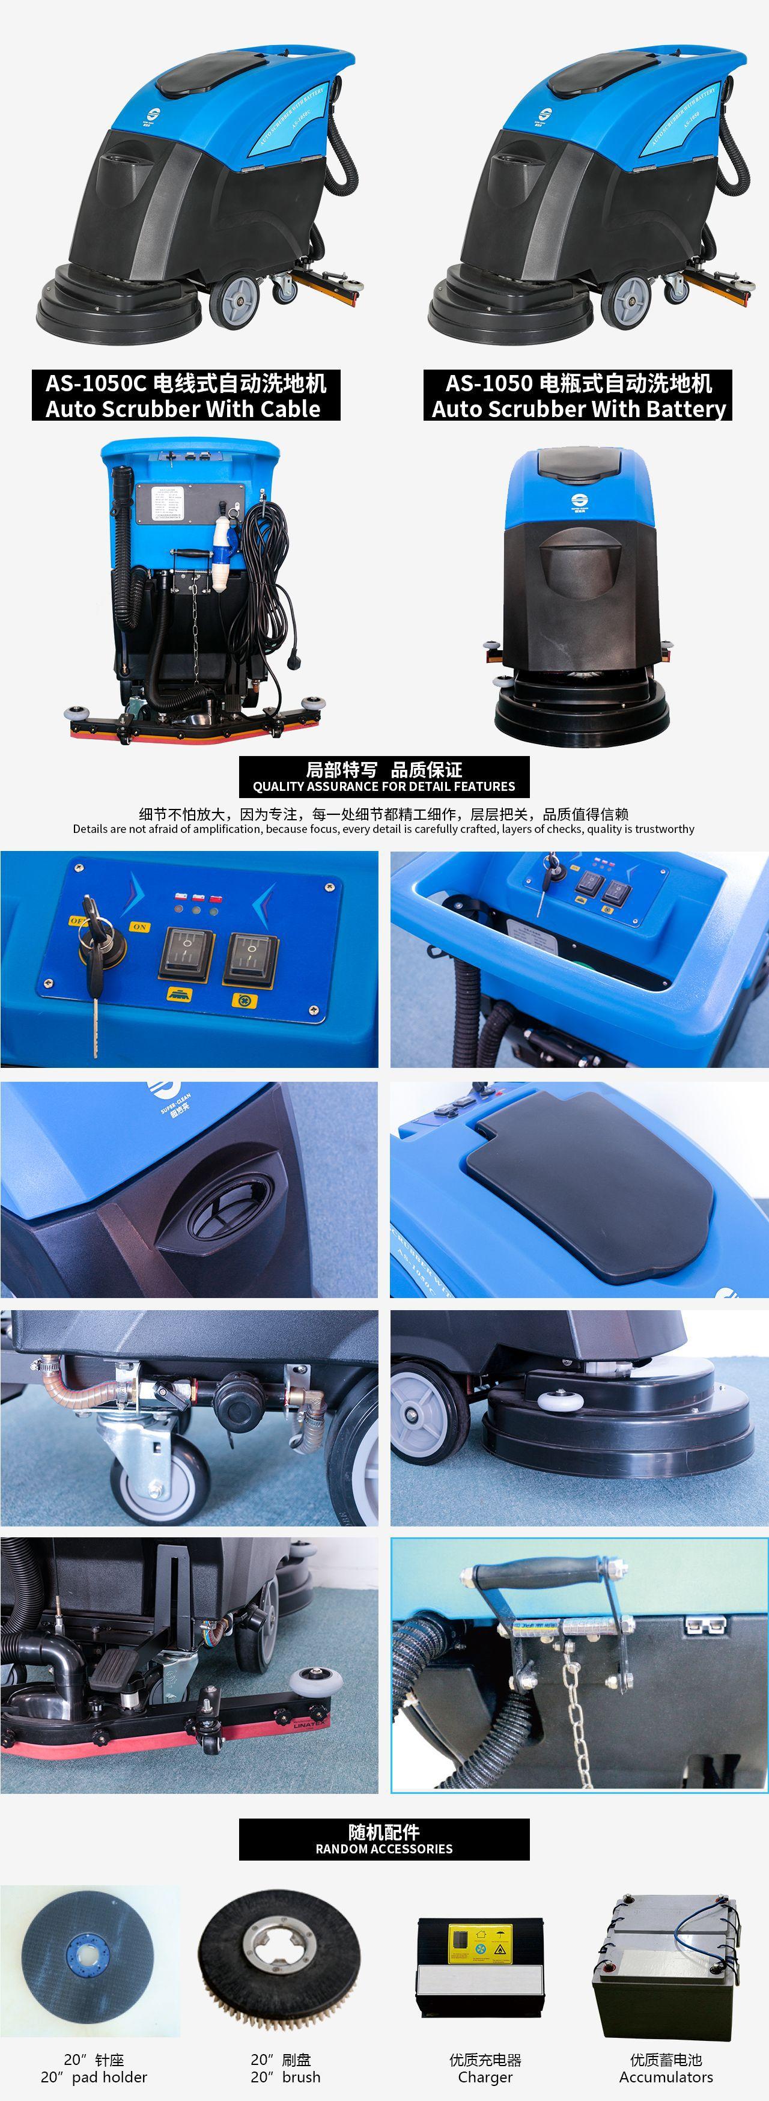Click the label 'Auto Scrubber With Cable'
[183, 409]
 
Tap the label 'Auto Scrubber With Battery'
[578, 409]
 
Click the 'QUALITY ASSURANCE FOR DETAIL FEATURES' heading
[383, 786]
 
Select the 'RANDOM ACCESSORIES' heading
[383, 1848]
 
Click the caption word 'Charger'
[485, 2076]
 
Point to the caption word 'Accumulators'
[666, 2076]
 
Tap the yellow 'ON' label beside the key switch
[139, 927]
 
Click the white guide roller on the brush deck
[555, 1400]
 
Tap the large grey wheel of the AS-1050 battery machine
[625, 299]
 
